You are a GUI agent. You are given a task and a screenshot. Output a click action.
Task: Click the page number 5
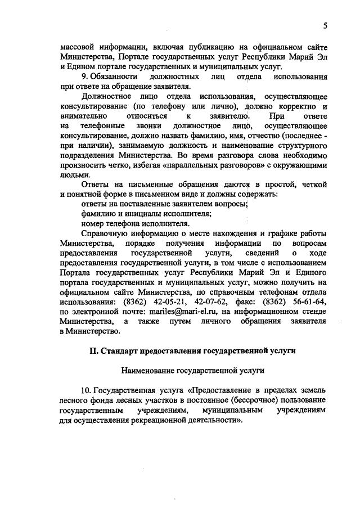(326, 25)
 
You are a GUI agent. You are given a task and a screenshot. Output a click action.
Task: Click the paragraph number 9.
(84, 75)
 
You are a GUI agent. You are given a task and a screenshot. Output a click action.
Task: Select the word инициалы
(145, 213)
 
